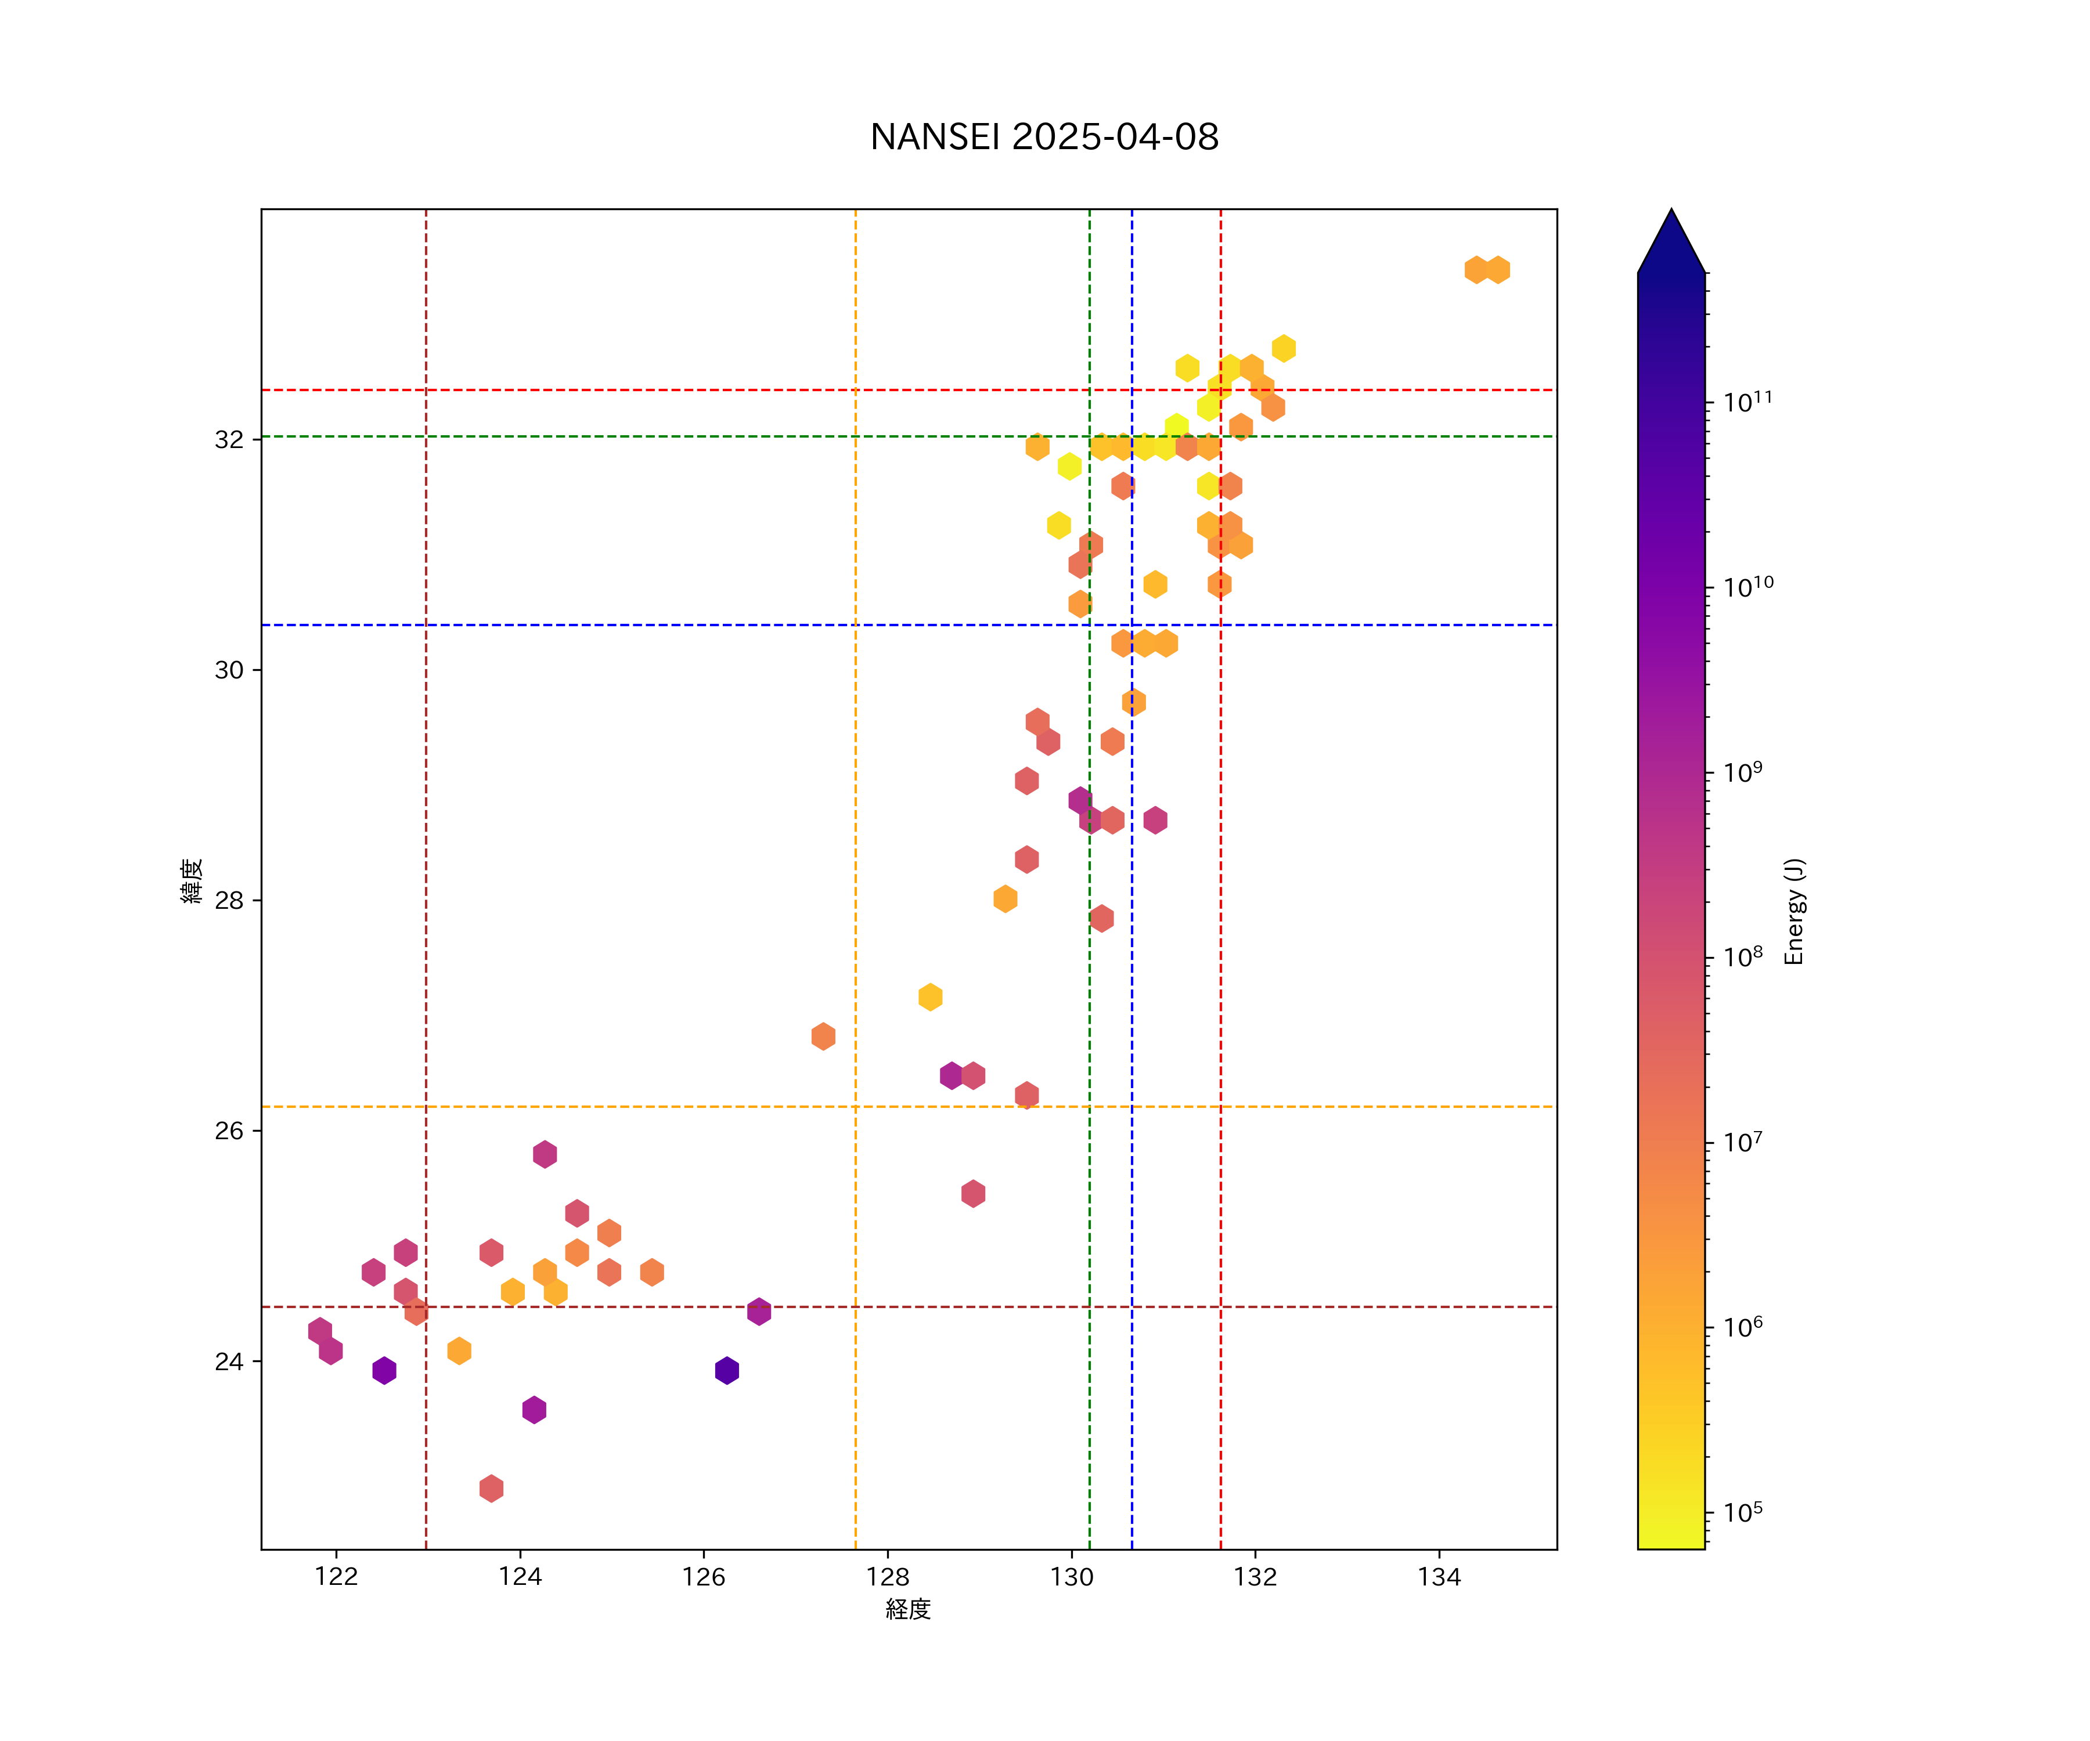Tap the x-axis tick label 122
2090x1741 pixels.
pyautogui.click(x=336, y=1577)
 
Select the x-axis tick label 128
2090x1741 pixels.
pyautogui.click(x=888, y=1577)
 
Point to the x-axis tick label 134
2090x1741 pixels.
pyautogui.click(x=1439, y=1577)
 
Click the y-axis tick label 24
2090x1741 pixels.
pyautogui.click(x=229, y=1361)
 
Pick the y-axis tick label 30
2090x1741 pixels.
pyautogui.click(x=229, y=670)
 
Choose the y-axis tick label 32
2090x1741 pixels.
pyautogui.click(x=229, y=439)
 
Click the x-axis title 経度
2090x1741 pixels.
pyautogui.click(x=907, y=1610)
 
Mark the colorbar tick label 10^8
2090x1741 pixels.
pyautogui.click(x=1743, y=956)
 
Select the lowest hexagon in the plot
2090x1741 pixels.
pyautogui.click(x=491, y=1489)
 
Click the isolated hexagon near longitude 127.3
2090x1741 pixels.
pyautogui.click(x=823, y=1036)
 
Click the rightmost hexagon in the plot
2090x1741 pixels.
pyautogui.click(x=1498, y=270)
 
